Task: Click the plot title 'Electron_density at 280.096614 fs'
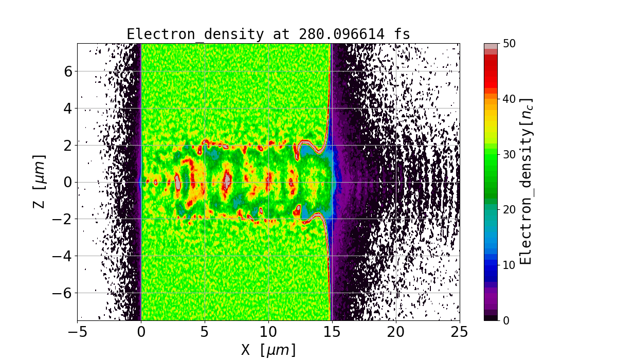[268, 34]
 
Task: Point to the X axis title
[268, 350]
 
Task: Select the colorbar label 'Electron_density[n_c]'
[525, 182]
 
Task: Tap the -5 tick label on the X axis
[77, 332]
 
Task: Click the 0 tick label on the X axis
[141, 332]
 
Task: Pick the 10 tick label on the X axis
[268, 332]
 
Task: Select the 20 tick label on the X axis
[396, 332]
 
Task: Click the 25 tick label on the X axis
[460, 332]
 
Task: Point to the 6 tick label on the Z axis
[67, 71]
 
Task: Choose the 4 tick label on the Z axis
[67, 109]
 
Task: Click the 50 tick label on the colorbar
[510, 44]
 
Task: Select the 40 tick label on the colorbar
[510, 99]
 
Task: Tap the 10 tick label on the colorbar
[510, 265]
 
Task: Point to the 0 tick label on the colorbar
[506, 320]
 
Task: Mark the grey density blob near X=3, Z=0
[177, 182]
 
